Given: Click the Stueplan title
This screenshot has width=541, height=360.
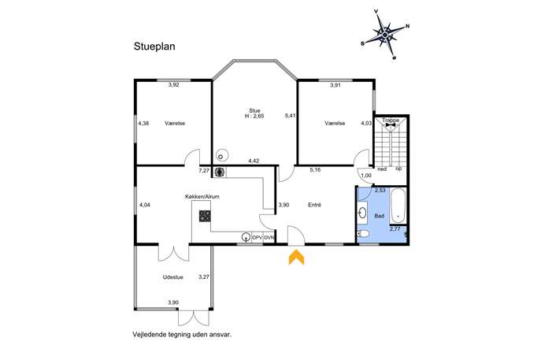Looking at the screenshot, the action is click(154, 46).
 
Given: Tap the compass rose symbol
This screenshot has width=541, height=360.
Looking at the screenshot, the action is click(385, 35).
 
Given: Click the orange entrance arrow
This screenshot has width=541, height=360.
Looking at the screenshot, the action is click(296, 258).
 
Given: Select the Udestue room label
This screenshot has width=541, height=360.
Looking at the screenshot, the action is click(173, 277).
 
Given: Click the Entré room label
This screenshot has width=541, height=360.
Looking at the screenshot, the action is click(315, 205).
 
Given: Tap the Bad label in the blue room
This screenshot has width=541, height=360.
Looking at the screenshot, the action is click(380, 216).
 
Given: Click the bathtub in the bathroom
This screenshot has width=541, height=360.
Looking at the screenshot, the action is click(398, 206).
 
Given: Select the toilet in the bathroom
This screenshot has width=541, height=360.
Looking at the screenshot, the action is click(363, 234).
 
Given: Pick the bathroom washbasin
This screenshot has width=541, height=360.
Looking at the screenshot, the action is click(362, 212).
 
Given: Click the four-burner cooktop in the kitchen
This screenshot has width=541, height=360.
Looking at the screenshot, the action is click(205, 216).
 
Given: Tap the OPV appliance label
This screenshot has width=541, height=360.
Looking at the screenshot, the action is click(258, 237).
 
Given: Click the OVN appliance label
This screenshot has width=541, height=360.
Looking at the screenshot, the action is click(269, 237).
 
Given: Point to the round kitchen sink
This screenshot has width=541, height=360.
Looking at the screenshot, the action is click(246, 237).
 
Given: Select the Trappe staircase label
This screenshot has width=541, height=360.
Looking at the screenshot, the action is click(391, 120).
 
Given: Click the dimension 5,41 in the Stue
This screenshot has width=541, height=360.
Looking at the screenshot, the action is click(290, 116).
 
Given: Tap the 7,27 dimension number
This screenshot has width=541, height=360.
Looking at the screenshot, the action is click(204, 170).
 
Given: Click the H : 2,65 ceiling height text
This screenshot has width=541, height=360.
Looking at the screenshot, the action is click(254, 116).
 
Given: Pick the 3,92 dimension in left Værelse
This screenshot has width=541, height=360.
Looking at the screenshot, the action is click(173, 84).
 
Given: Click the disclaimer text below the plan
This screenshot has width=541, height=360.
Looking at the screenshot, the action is click(182, 335).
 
